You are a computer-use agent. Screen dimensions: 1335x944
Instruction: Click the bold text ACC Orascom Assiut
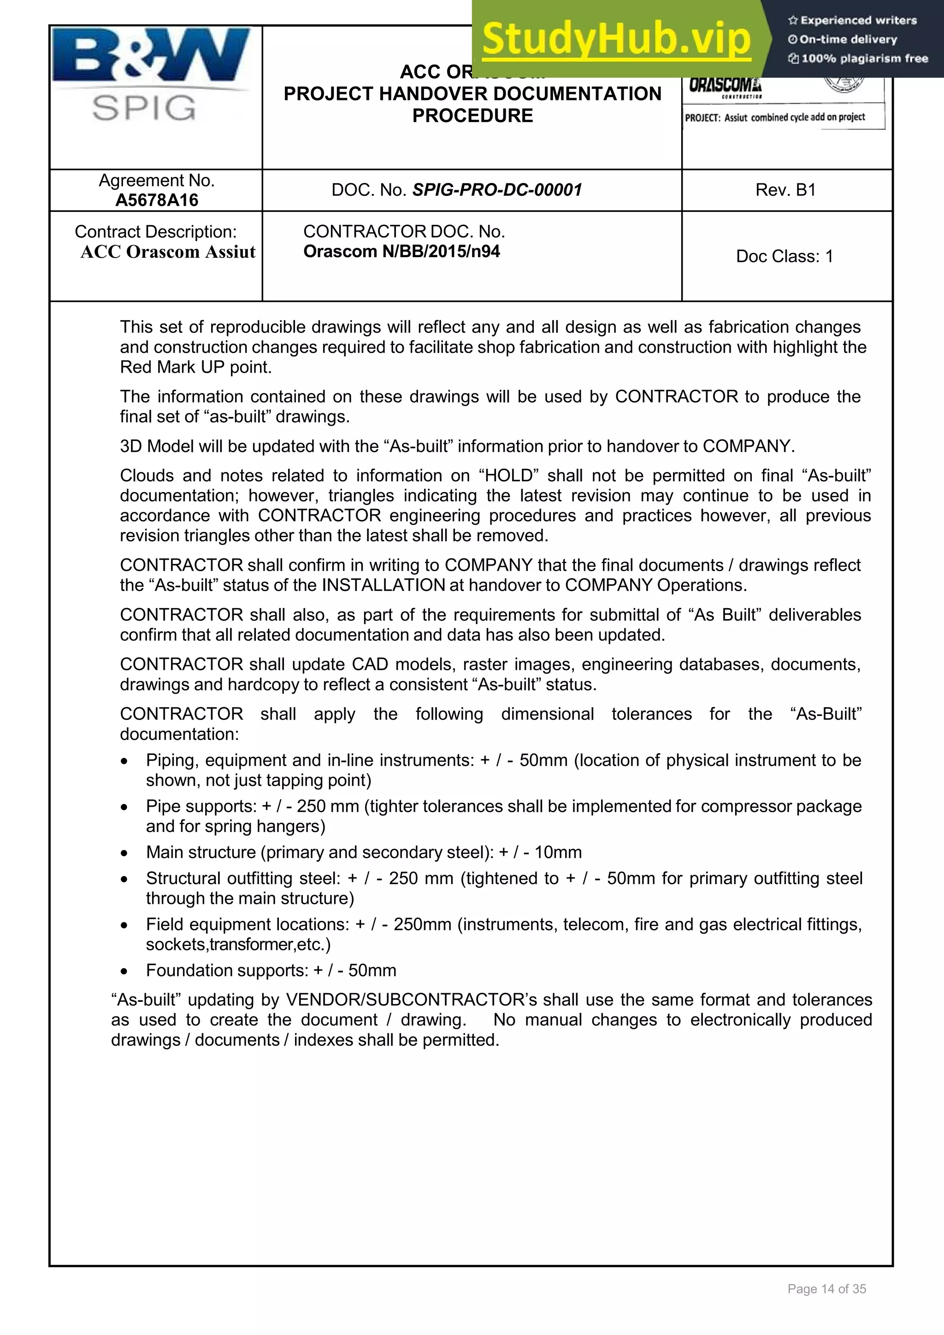(167, 252)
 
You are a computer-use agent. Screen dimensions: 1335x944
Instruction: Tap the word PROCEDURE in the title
(472, 116)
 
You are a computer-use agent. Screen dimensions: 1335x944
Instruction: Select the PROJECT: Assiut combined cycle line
(775, 117)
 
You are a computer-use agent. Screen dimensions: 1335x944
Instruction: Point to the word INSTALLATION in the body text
(383, 585)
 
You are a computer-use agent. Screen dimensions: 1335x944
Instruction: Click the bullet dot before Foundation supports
(124, 972)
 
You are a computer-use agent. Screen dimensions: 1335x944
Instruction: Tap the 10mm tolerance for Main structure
(557, 852)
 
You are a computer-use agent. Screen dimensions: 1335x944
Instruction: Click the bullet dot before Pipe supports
(124, 808)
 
